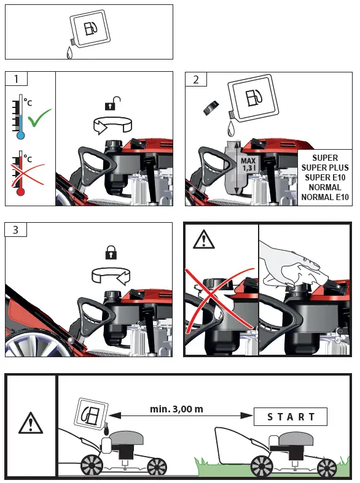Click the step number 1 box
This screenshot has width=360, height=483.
17,79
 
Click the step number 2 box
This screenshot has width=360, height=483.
196,79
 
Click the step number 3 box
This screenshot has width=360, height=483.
16,230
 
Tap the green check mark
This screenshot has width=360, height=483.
39,117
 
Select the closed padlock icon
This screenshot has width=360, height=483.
111,252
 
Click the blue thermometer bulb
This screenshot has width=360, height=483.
21,135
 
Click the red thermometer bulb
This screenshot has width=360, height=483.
20,192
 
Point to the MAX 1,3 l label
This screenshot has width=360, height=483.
248,164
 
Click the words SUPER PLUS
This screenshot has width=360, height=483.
325,168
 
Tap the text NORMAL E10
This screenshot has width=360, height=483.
325,197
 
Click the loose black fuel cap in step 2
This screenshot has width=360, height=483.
211,108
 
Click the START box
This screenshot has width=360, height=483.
291,417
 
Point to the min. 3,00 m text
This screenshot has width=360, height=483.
176,409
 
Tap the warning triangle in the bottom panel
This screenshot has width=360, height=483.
31,423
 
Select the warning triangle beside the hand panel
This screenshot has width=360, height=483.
203,239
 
